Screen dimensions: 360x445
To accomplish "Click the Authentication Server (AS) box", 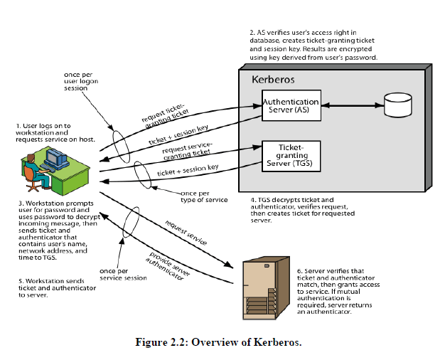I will click(291, 106).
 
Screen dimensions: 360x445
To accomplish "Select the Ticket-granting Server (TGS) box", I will click(291, 155).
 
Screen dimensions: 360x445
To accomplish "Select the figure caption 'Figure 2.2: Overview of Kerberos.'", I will click(219, 341).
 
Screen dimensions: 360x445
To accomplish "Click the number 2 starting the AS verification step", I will click(252, 33).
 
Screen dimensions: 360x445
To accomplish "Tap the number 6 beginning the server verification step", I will click(299, 271).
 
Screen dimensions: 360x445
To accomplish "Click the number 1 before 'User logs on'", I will click(19, 125).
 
